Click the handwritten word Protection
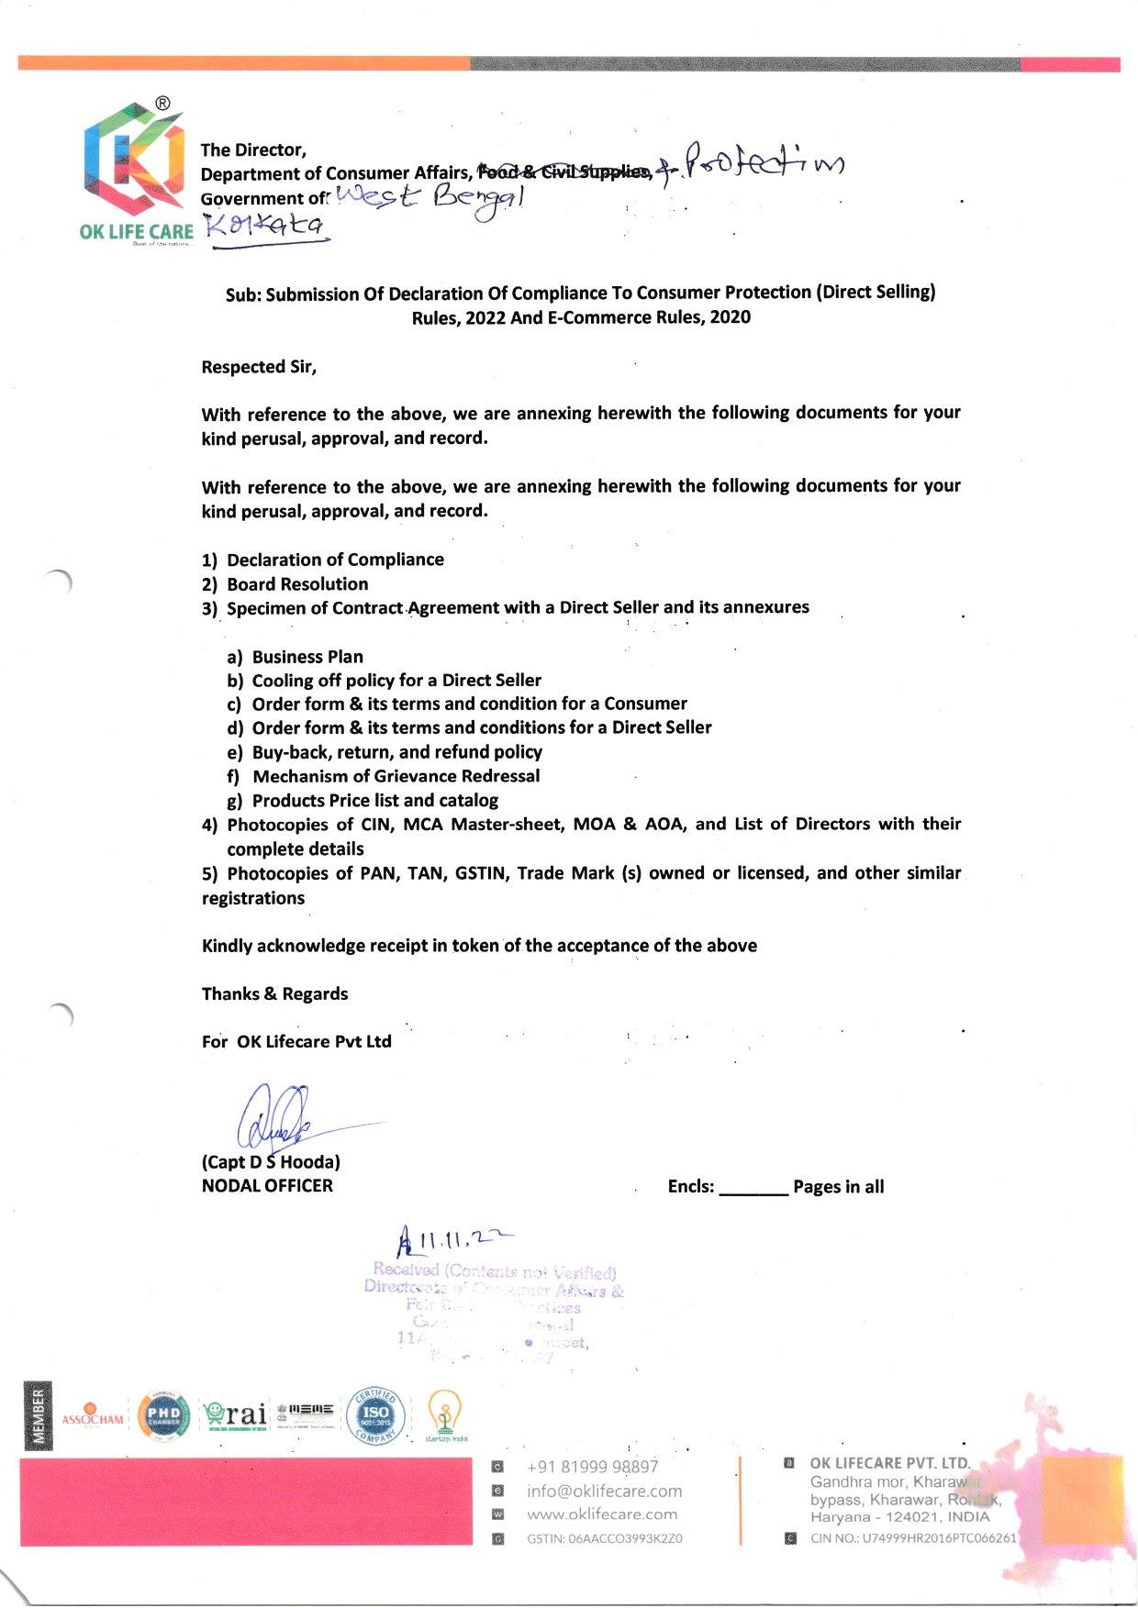pyautogui.click(x=763, y=164)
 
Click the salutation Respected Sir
pyautogui.click(x=259, y=367)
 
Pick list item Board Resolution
pyautogui.click(x=296, y=584)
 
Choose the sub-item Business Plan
pyautogui.click(x=307, y=657)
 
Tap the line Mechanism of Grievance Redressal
pyautogui.click(x=396, y=776)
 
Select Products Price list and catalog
pyautogui.click(x=375, y=801)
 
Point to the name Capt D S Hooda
pyautogui.click(x=271, y=1162)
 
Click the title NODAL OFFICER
pyautogui.click(x=267, y=1186)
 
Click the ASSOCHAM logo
pyautogui.click(x=92, y=1418)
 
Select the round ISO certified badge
pyautogui.click(x=375, y=1417)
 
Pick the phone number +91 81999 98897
pyautogui.click(x=592, y=1467)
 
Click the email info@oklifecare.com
pyautogui.click(x=604, y=1491)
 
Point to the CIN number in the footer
pyautogui.click(x=912, y=1538)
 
